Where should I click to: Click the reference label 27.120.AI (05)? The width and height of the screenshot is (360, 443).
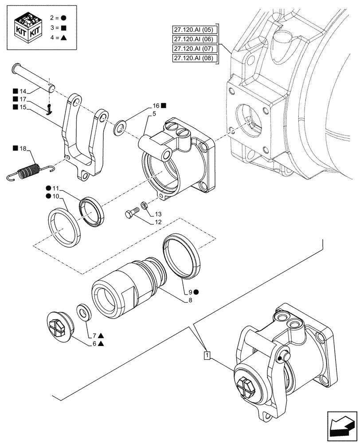[194, 30]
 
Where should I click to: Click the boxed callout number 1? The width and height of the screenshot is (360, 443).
[206, 355]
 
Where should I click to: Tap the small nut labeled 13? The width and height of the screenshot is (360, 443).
[145, 205]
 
